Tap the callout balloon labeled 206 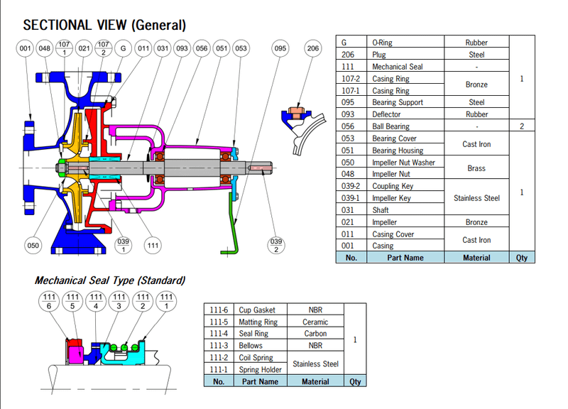(312, 48)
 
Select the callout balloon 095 (280, 48)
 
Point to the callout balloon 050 (33, 246)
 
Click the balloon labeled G (124, 48)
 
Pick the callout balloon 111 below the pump (151, 246)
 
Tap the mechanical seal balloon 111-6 (48, 301)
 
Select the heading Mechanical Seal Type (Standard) (110, 280)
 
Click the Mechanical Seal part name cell (398, 67)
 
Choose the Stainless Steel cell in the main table (476, 198)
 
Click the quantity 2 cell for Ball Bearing (522, 126)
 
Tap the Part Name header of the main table (405, 258)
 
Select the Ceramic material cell (315, 322)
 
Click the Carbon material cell (315, 333)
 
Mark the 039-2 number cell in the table (351, 186)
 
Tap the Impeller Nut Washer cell (403, 163)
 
